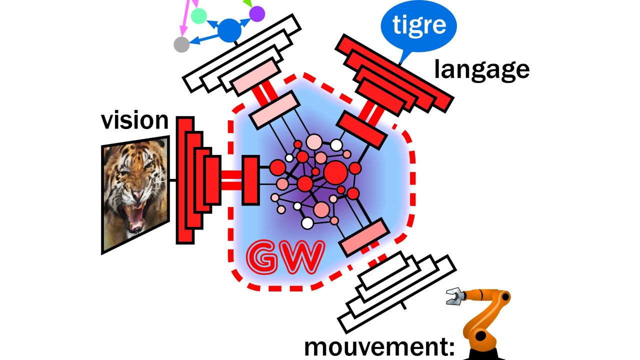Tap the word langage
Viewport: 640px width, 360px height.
pyautogui.click(x=481, y=69)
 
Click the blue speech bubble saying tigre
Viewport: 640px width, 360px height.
pyautogui.click(x=418, y=25)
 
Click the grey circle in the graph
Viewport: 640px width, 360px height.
pyautogui.click(x=181, y=44)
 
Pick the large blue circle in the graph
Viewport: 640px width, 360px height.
pyautogui.click(x=229, y=30)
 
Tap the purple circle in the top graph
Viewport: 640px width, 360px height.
pyautogui.click(x=257, y=13)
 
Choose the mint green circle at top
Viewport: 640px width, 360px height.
pyautogui.click(x=198, y=16)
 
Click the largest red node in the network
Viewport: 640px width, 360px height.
pyautogui.click(x=335, y=173)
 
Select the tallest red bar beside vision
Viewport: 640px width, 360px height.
pyautogui.click(x=185, y=180)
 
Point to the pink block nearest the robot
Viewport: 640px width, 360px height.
pyautogui.click(x=364, y=237)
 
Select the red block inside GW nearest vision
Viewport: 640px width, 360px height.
pyautogui.click(x=250, y=180)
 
